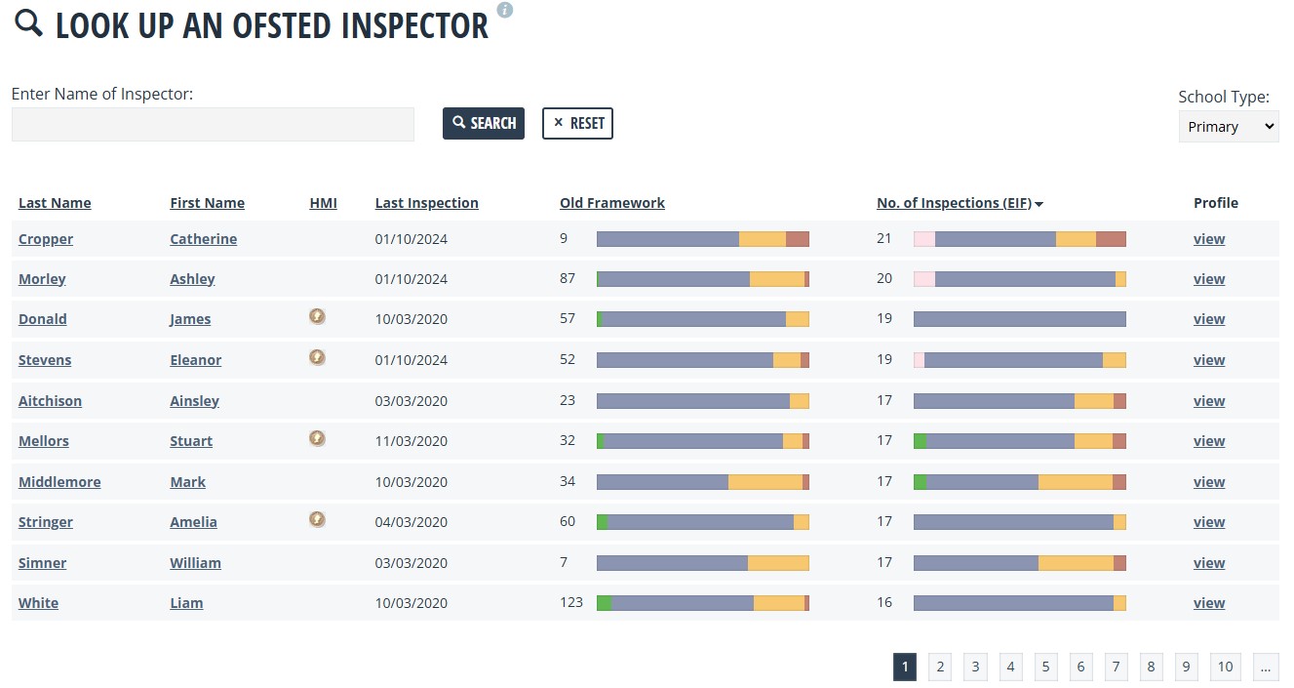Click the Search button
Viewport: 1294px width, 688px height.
484,123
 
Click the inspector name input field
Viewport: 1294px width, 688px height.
213,125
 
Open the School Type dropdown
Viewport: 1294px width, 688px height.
1228,127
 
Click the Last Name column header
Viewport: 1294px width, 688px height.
55,203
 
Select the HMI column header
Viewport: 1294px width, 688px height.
323,203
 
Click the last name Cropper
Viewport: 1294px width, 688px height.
46,239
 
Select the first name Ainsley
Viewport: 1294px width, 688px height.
194,401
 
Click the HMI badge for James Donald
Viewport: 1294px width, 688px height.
317,317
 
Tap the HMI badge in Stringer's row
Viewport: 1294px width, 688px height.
317,519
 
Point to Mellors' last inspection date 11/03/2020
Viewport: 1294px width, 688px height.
412,441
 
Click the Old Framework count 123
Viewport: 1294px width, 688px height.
571,602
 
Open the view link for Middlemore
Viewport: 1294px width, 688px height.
1209,482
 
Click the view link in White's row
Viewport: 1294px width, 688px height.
1209,603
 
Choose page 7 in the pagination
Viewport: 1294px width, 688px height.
1116,668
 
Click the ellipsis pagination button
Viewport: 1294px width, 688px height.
1266,668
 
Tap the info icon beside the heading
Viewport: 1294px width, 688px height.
505,10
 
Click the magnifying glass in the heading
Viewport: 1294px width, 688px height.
28,23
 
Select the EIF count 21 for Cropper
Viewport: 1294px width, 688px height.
884,239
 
